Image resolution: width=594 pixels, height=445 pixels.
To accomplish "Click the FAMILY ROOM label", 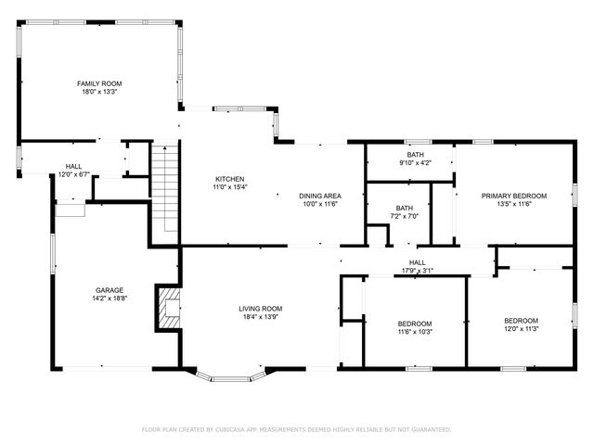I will click(99, 83).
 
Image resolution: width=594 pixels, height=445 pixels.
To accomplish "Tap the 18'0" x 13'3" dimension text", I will click(99, 92).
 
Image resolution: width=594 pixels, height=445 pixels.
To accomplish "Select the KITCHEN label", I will click(229, 179).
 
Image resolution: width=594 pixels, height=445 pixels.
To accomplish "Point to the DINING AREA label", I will click(320, 196).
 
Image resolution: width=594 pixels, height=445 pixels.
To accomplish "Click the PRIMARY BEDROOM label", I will click(513, 196).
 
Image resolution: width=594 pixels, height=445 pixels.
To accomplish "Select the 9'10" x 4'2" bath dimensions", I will click(415, 163).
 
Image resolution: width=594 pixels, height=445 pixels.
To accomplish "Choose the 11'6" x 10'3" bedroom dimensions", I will click(415, 332).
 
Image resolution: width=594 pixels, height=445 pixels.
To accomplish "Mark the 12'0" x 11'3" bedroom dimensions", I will click(521, 327).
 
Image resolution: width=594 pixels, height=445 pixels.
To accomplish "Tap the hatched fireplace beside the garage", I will click(168, 309).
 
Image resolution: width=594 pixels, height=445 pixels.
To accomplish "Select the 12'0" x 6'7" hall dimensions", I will click(72, 174).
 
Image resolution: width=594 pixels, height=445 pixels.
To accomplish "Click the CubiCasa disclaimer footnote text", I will click(296, 429).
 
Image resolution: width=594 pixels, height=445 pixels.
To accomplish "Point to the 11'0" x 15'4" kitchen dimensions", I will click(229, 187).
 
